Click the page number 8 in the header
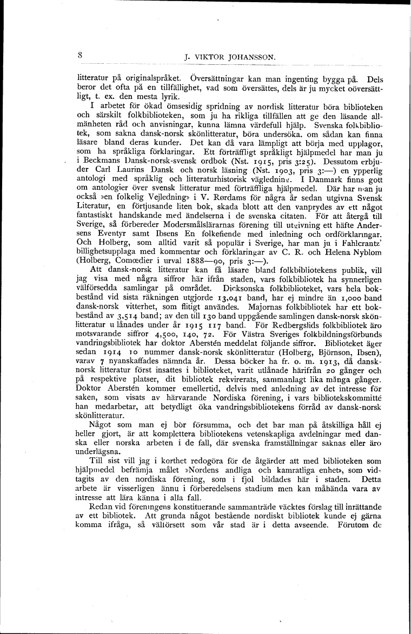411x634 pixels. (79, 55)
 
